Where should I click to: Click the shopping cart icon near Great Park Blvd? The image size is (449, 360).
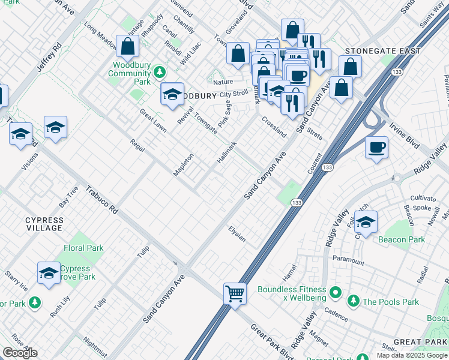[235, 294]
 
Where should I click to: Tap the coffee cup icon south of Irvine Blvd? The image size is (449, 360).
[376, 148]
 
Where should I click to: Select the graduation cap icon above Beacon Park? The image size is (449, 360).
[366, 222]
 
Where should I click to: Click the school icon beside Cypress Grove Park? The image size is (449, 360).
[49, 273]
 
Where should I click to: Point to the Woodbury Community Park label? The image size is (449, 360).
[129, 73]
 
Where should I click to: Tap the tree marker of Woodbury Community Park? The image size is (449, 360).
[159, 73]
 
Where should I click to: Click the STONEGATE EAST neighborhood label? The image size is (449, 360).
[383, 52]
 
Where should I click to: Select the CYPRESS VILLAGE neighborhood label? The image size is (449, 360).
[44, 224]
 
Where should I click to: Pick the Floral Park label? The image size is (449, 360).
[83, 248]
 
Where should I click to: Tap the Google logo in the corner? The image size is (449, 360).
[19, 353]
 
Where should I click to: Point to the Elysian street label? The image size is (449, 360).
[237, 234]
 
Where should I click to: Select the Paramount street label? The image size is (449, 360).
[348, 261]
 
